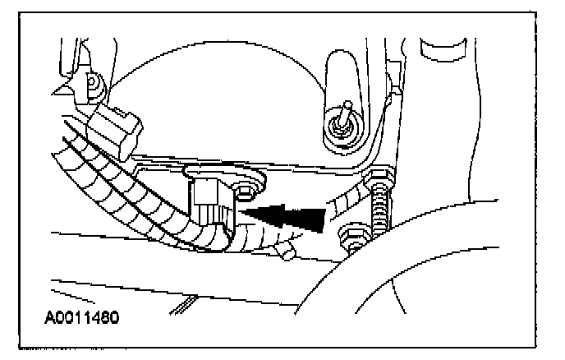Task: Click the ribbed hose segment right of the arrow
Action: [348, 200]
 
